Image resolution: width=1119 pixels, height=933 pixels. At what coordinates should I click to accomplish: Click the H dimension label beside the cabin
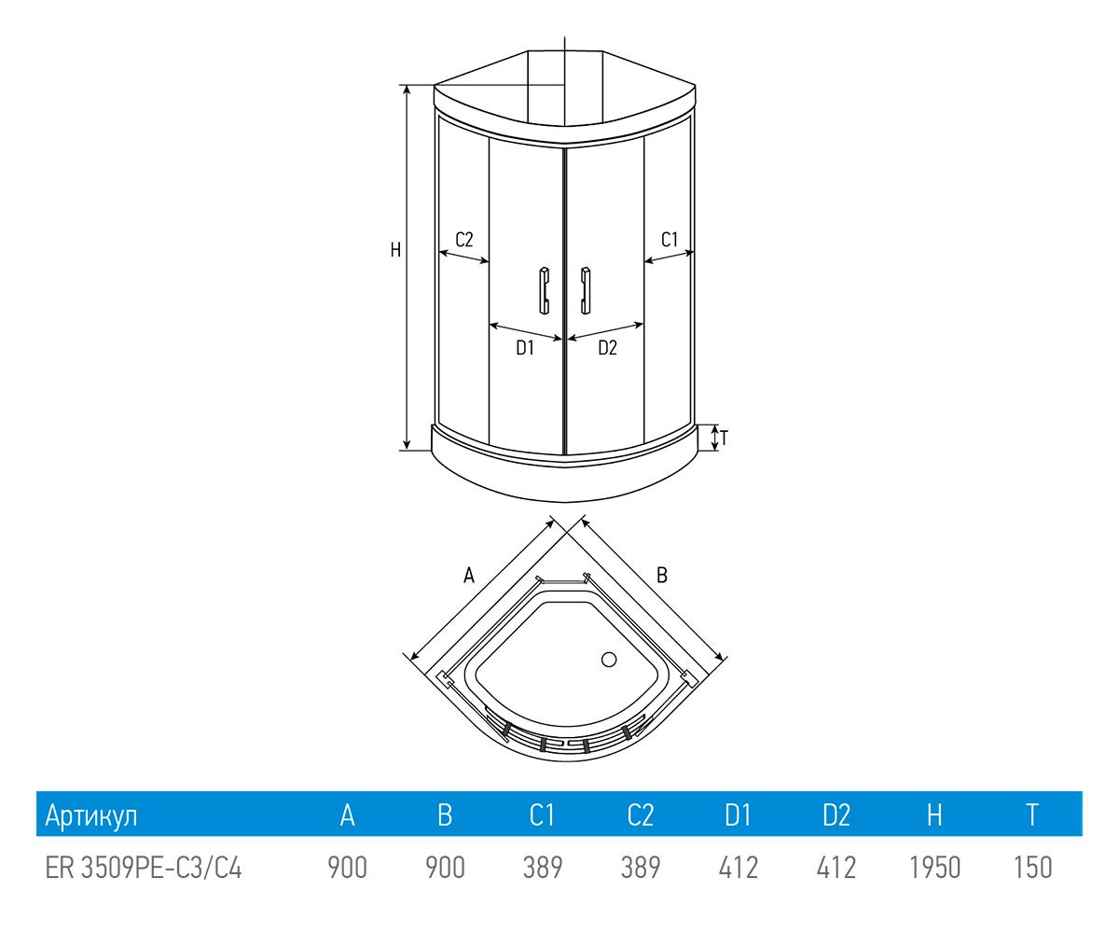(x=395, y=250)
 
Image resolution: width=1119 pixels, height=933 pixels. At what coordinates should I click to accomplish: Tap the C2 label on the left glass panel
(x=464, y=240)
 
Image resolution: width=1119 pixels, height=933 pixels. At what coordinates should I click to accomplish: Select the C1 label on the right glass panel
(x=670, y=240)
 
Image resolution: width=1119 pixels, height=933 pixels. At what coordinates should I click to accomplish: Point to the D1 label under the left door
(x=525, y=348)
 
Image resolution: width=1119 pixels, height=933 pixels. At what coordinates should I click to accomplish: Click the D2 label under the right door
(x=608, y=348)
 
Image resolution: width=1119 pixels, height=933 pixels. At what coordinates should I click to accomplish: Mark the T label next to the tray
(x=725, y=439)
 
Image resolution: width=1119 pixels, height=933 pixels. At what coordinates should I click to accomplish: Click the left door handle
(x=545, y=290)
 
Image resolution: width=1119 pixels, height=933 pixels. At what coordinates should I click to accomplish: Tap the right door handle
(x=585, y=290)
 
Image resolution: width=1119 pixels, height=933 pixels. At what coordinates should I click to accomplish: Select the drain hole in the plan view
(x=609, y=660)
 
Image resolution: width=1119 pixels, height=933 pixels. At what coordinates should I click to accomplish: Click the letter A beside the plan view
(x=469, y=576)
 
